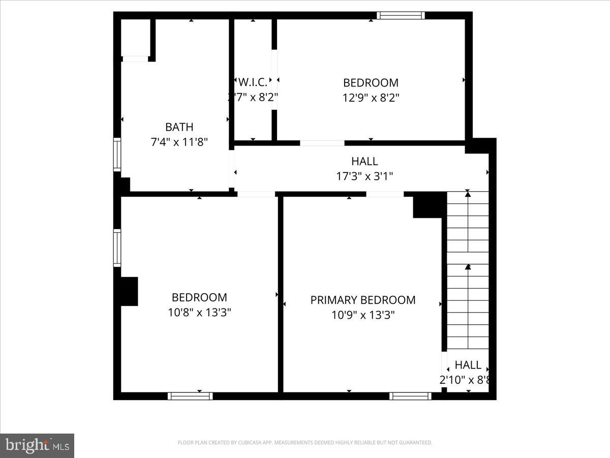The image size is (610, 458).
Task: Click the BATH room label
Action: click(x=179, y=127)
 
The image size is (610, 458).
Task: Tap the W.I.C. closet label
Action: click(x=253, y=82)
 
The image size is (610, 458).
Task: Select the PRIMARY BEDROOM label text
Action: click(x=363, y=300)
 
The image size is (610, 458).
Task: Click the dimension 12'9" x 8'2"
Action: click(x=371, y=97)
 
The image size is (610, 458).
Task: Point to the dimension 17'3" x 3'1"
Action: click(x=364, y=176)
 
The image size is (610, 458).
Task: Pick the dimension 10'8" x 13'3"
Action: click(x=199, y=312)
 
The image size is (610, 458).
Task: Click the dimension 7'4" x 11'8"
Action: click(x=179, y=142)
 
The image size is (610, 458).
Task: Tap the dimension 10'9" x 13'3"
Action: click(x=363, y=315)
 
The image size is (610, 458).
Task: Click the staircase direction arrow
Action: click(x=468, y=267)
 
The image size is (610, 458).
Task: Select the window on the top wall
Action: click(x=401, y=15)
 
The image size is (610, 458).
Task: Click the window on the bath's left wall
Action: click(x=117, y=155)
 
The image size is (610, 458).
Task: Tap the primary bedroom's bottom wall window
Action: click(x=410, y=395)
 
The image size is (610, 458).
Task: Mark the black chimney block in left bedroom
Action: click(x=129, y=291)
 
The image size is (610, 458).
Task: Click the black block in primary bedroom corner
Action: click(x=429, y=205)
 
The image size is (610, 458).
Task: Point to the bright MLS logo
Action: click(x=37, y=445)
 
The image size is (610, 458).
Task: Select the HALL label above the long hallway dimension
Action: click(x=364, y=161)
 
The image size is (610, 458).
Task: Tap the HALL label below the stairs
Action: click(x=468, y=365)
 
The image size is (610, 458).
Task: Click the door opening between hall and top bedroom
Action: click(x=322, y=143)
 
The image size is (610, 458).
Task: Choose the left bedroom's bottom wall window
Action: click(x=190, y=395)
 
